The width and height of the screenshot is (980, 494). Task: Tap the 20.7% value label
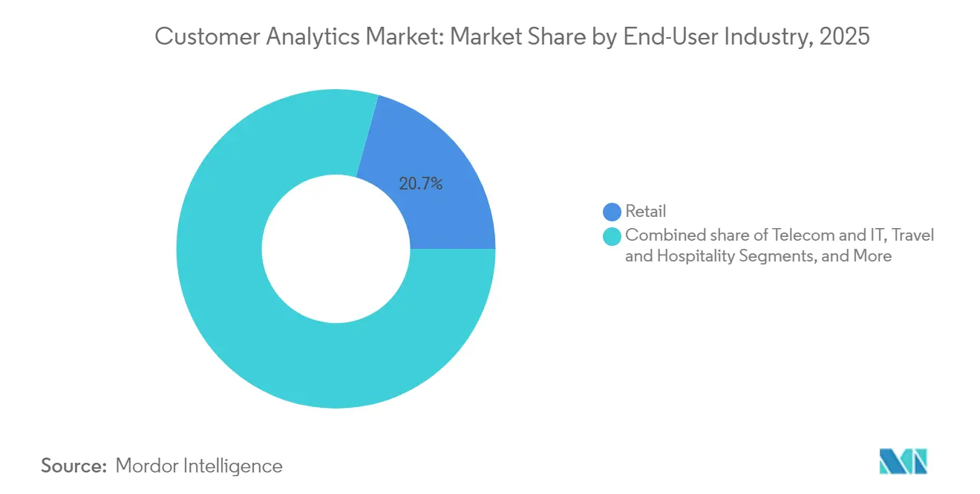pos(421,184)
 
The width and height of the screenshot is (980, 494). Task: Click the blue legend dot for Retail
pos(612,212)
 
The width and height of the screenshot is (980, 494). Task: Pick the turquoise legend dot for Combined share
pos(612,236)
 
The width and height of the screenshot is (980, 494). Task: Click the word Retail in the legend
pos(646,212)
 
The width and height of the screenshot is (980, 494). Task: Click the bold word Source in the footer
pos(73,466)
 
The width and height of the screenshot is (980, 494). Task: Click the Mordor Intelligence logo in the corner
pos(903,461)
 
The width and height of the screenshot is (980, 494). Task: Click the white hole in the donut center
pos(336,249)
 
